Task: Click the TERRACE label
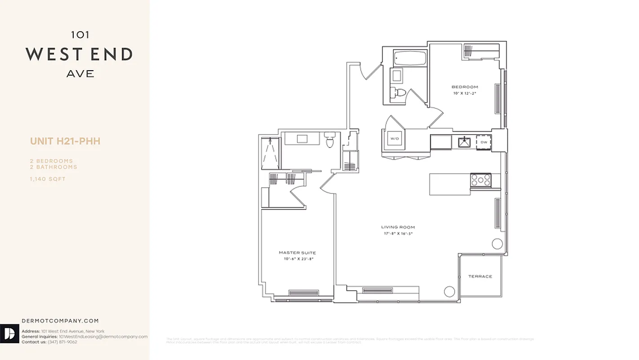(480, 276)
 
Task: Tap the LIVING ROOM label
(398, 227)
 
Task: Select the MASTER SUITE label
(297, 253)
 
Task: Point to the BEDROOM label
(465, 87)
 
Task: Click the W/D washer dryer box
(395, 139)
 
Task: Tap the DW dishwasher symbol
(484, 142)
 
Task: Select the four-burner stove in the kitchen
(480, 180)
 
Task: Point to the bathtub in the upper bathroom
(410, 58)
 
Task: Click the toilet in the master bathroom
(330, 141)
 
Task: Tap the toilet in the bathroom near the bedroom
(399, 93)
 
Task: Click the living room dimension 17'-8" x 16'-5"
(398, 234)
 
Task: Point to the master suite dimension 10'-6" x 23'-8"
(297, 259)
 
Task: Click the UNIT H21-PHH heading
(65, 141)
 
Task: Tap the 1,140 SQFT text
(48, 179)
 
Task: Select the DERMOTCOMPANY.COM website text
(60, 321)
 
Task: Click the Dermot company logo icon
(10, 333)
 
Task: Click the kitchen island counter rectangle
(449, 184)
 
